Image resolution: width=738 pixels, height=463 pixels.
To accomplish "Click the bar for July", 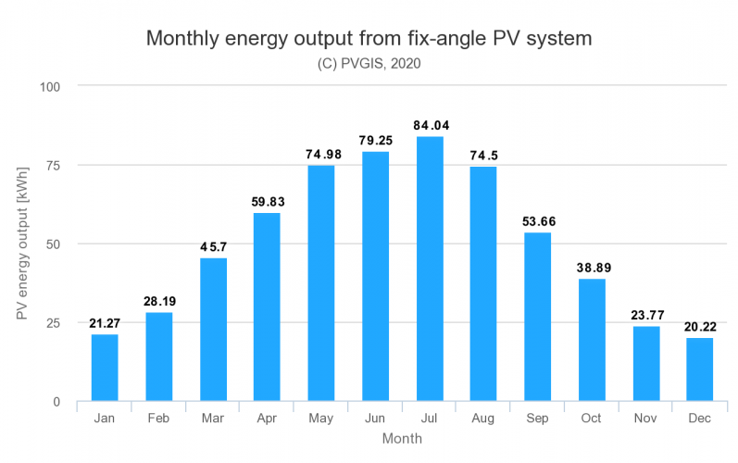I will (430, 269).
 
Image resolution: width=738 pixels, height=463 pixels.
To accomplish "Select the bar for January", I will (105, 368).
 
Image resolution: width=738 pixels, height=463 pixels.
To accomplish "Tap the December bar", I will (700, 369).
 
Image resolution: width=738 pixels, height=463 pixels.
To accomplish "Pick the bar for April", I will (267, 307).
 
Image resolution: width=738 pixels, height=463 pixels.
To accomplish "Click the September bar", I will (538, 317).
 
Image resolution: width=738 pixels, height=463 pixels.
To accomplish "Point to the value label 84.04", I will (430, 125).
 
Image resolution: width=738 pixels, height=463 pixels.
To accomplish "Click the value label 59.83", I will (267, 201).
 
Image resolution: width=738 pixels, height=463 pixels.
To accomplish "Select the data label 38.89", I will (592, 267).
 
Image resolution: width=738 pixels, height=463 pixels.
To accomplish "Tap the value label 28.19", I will (158, 301).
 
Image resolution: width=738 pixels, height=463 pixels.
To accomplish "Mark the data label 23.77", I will (646, 315).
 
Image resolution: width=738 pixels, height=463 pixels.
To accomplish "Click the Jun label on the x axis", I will (375, 419).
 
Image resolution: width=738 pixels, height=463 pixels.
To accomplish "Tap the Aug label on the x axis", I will (483, 419).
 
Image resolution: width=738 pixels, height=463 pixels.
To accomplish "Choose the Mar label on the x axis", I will (213, 419).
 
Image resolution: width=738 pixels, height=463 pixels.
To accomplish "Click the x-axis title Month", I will (402, 439).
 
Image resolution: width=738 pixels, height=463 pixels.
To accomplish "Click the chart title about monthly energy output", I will (369, 40).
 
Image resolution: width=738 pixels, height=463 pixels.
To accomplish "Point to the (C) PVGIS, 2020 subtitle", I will (369, 64).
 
